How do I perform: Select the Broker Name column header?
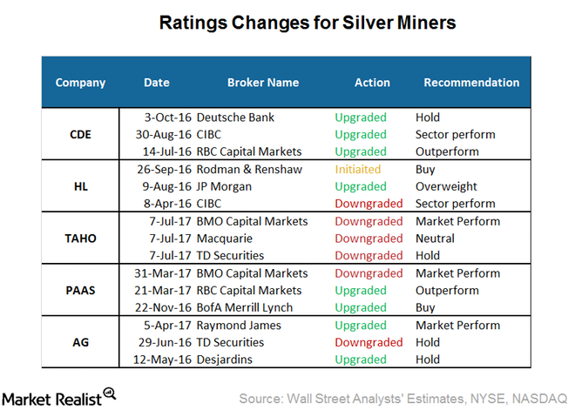click(x=262, y=83)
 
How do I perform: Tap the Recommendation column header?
click(x=470, y=83)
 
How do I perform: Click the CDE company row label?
click(x=80, y=134)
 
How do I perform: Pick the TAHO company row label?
click(x=80, y=239)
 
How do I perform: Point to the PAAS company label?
click(x=80, y=290)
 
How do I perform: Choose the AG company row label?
click(x=80, y=342)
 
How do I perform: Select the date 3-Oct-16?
click(x=166, y=118)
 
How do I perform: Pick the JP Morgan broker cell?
click(x=225, y=186)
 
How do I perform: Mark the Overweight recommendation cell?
click(x=446, y=186)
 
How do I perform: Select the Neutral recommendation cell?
click(x=436, y=239)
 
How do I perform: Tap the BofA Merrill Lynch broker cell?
click(x=244, y=307)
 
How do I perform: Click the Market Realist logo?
click(x=61, y=395)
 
